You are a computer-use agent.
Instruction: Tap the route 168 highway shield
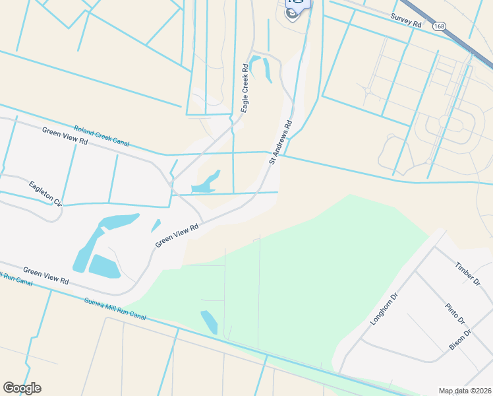point(440,26)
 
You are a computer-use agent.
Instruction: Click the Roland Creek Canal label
point(101,135)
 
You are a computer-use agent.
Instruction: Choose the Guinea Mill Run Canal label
point(115,308)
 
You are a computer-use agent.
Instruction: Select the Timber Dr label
point(469,273)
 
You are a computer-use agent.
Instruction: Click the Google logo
point(22,388)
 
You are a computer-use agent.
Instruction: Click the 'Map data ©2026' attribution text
point(464,391)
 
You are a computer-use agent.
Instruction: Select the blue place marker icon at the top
point(298,9)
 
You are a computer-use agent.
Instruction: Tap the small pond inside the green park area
point(209,321)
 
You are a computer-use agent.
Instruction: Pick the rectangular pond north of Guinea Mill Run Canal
point(104,265)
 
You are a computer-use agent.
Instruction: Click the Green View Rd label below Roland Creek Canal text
point(65,137)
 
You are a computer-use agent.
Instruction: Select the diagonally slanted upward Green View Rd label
point(177,236)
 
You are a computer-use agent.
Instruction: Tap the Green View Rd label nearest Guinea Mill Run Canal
point(45,276)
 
